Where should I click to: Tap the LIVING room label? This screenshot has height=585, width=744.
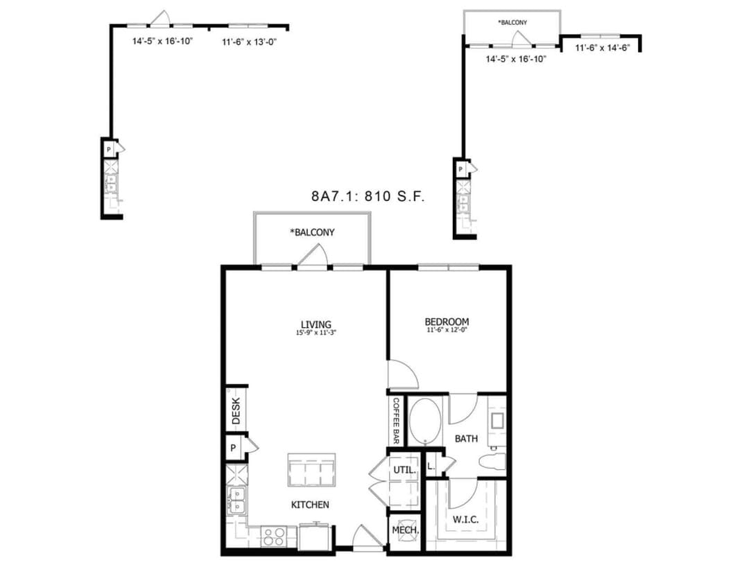coord(315,324)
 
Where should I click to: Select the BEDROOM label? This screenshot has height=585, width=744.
coord(447,322)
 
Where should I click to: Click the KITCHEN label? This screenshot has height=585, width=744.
coord(309,505)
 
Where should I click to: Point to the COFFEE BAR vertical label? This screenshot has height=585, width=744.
coord(397,421)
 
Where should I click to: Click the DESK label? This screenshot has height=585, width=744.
coord(236,412)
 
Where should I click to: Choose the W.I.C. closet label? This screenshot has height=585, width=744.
coord(465,519)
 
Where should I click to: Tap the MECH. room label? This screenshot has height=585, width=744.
coord(406,530)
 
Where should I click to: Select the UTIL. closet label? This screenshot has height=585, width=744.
coord(404,470)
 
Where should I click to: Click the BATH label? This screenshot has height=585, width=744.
coord(466,439)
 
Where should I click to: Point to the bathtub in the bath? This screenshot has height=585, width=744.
coord(423,421)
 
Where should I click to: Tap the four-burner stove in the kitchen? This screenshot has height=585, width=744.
coord(273,537)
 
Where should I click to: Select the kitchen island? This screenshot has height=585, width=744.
coord(312,471)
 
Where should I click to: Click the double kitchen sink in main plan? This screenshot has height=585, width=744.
coord(236,500)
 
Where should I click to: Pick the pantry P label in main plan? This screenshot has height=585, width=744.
coord(233,448)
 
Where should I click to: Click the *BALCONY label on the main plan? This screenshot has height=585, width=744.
coord(312,233)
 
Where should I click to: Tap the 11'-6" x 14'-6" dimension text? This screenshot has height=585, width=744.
coord(602,48)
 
